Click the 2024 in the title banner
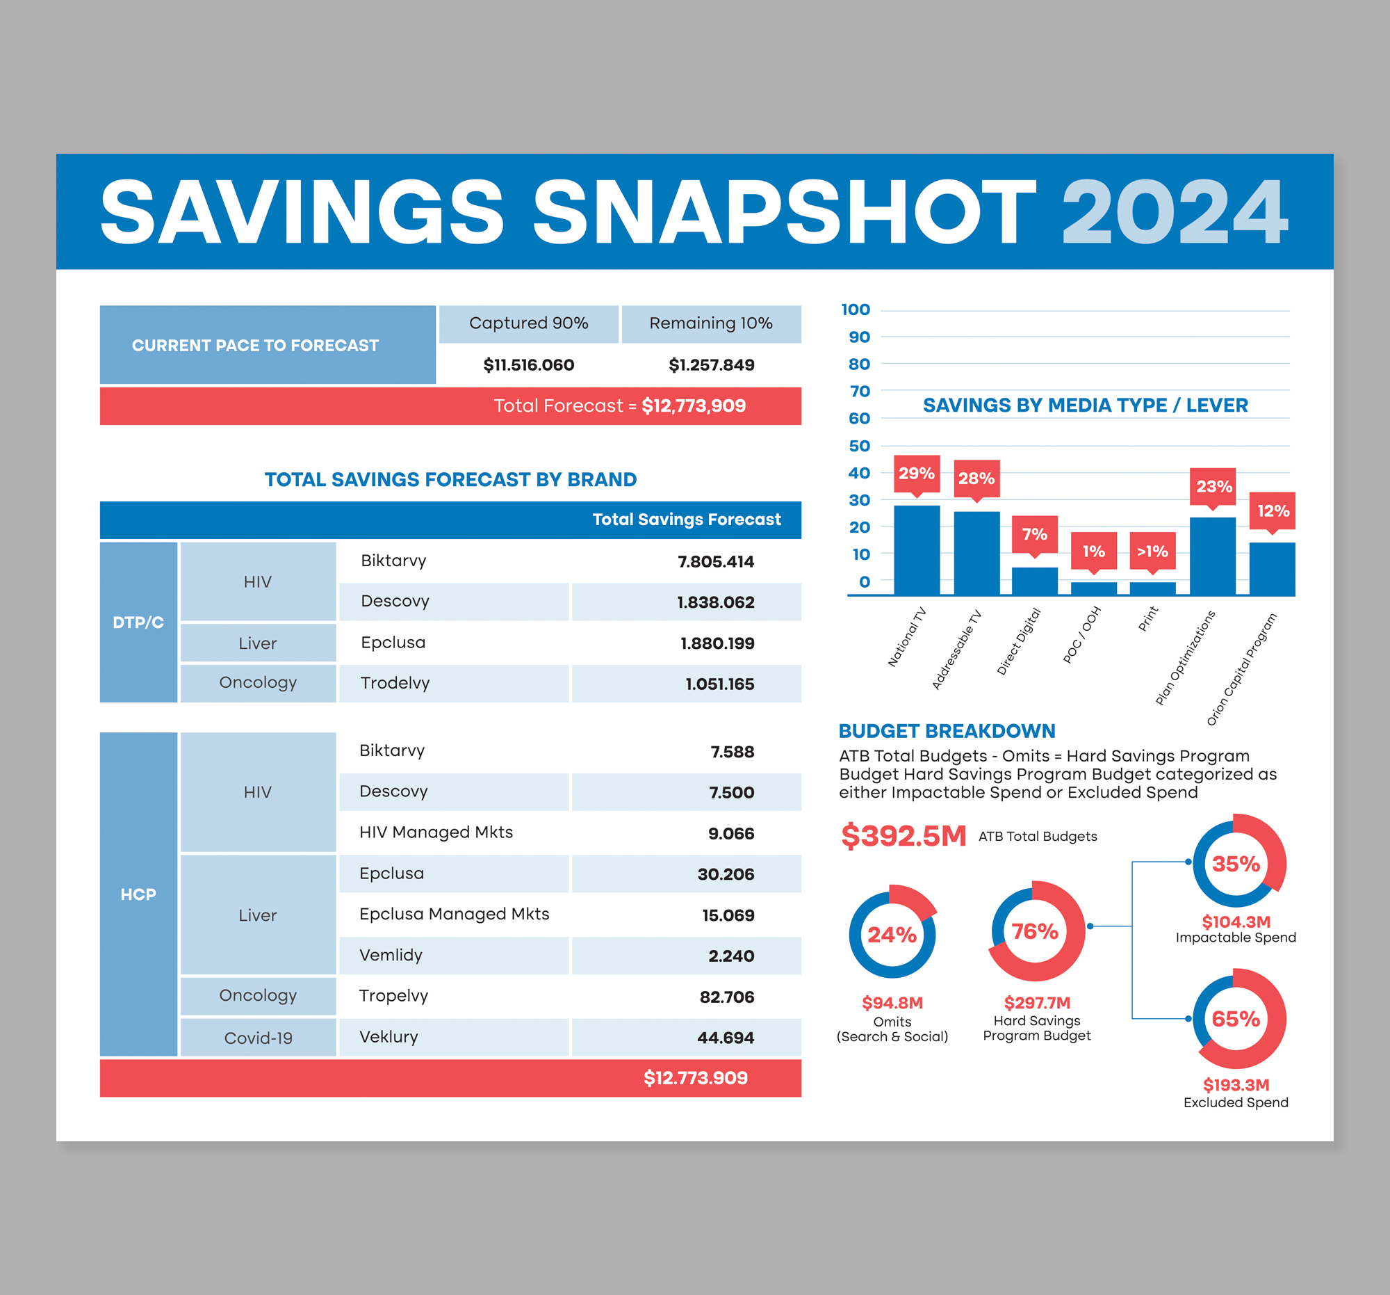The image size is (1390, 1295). point(1174,212)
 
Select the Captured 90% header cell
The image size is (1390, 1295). point(529,323)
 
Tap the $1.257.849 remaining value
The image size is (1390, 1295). point(711,364)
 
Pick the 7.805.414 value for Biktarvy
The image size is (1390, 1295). point(715,561)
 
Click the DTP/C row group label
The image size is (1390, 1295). point(138,622)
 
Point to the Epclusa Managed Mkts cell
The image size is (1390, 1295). point(454,914)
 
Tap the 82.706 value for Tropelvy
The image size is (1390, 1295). point(726,997)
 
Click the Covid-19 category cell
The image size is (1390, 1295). point(258,1038)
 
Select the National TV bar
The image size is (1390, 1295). point(917,550)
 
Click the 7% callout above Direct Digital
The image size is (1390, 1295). point(1034,535)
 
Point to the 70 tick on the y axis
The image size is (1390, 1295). point(859,391)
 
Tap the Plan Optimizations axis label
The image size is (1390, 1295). point(1185,657)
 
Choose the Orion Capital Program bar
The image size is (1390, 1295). point(1272,569)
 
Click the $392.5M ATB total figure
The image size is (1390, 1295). point(903,836)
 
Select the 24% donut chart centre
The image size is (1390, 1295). point(892,935)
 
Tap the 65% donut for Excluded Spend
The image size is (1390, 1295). point(1236,1019)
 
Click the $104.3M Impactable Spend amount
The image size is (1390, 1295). point(1236,922)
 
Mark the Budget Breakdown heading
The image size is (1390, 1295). point(947,731)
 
